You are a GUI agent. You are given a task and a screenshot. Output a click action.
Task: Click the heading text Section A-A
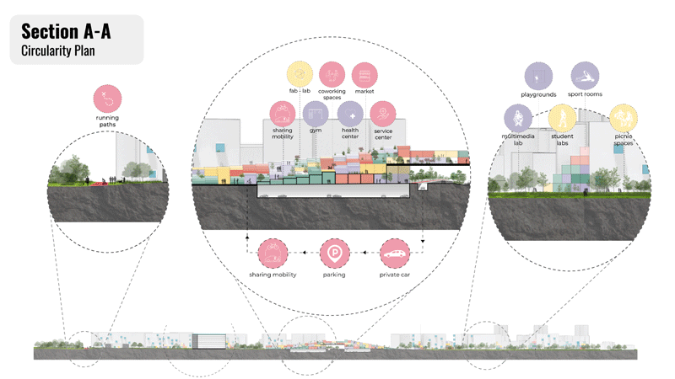pyautogui.click(x=66, y=32)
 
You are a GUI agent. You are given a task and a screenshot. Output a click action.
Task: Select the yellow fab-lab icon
pyautogui.click(x=300, y=74)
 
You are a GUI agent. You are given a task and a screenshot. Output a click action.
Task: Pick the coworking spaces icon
pyautogui.click(x=332, y=74)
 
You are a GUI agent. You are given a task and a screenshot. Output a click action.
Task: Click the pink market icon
pyautogui.click(x=364, y=74)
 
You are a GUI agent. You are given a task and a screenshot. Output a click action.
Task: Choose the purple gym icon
pyautogui.click(x=316, y=114)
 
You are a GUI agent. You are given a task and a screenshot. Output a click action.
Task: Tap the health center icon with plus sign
pyautogui.click(x=350, y=114)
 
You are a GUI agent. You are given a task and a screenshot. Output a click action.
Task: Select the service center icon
pyautogui.click(x=384, y=114)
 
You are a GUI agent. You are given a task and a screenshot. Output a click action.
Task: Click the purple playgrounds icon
pyautogui.click(x=537, y=76)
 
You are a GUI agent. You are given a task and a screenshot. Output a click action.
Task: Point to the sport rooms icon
pyautogui.click(x=585, y=76)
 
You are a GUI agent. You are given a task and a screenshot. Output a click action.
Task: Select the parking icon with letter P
pyautogui.click(x=334, y=252)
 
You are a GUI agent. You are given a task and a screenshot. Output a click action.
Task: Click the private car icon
pyautogui.click(x=394, y=252)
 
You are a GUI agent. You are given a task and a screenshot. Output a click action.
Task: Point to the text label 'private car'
pyautogui.click(x=394, y=275)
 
